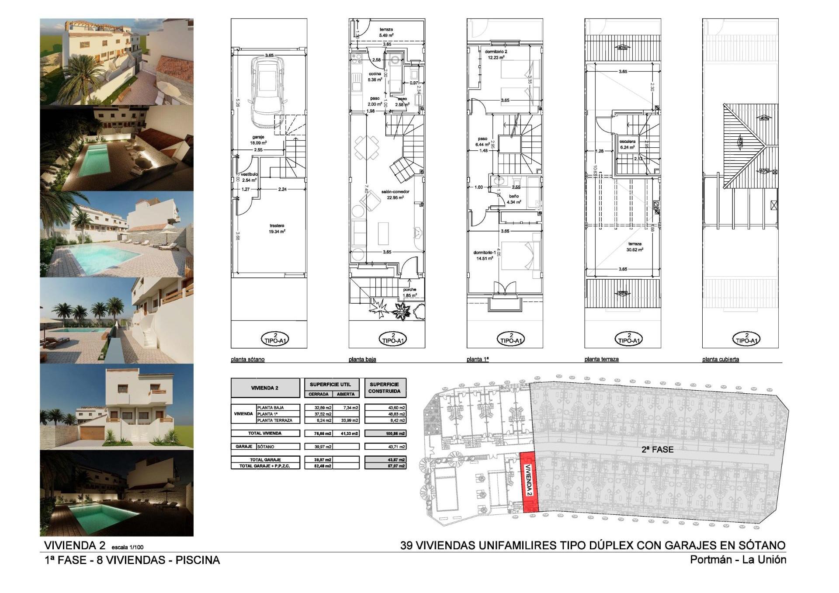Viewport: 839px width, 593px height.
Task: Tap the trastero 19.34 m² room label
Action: (277, 229)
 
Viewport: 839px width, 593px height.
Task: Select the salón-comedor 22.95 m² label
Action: (395, 194)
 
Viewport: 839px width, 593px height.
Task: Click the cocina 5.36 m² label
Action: (375, 77)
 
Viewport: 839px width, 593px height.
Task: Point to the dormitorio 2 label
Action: (496, 54)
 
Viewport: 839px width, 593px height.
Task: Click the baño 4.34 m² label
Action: (514, 199)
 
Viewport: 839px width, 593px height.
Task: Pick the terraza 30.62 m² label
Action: (634, 247)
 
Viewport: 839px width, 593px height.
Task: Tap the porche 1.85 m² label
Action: (409, 292)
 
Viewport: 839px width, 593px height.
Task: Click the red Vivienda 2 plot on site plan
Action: (529, 483)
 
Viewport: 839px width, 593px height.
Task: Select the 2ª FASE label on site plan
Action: (657, 449)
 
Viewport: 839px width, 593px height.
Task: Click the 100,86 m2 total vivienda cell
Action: (385, 433)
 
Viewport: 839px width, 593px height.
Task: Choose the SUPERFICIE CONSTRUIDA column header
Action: (385, 388)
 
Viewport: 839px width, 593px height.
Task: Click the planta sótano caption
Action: (248, 360)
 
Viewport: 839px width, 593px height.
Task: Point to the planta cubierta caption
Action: (721, 360)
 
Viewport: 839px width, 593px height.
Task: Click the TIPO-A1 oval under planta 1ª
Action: (511, 339)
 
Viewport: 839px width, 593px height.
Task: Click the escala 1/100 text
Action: (128, 547)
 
